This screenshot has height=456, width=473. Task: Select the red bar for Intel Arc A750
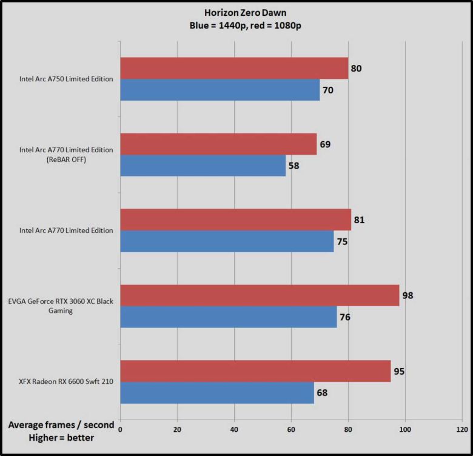(234, 69)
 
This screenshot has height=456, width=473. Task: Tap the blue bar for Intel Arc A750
(220, 90)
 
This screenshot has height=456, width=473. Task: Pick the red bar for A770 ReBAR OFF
(218, 144)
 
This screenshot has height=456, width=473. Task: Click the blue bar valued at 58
(203, 166)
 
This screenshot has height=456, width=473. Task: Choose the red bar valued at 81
(235, 220)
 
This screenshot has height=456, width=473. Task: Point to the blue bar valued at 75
(227, 241)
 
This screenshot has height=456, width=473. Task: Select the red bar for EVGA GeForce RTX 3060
(260, 295)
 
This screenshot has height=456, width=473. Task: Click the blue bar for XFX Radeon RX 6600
(217, 392)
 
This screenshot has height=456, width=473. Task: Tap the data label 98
(409, 295)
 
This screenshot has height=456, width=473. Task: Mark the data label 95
(400, 371)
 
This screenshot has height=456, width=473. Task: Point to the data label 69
(326, 144)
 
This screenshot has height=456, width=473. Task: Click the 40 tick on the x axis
(234, 429)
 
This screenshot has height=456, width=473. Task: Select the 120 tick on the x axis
(461, 429)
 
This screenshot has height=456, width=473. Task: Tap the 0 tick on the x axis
(121, 429)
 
